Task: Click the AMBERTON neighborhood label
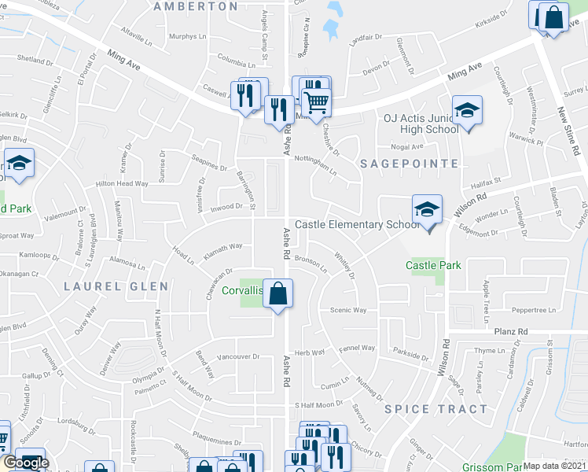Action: (x=196, y=6)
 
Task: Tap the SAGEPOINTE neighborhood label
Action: (x=409, y=164)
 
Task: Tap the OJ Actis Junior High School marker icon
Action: (x=466, y=111)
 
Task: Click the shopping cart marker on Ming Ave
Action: (x=316, y=102)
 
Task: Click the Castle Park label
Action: (x=433, y=266)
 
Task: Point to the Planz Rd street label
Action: (x=510, y=332)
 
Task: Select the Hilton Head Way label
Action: (x=122, y=183)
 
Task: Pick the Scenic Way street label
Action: (x=348, y=310)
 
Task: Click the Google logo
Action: (x=26, y=463)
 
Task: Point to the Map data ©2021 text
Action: (x=553, y=466)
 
